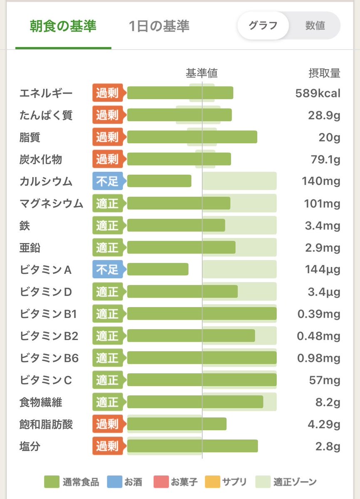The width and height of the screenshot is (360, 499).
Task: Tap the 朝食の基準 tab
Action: point(63,26)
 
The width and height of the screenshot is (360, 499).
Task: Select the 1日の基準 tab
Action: point(159,26)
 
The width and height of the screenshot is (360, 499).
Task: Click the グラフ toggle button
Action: point(263,25)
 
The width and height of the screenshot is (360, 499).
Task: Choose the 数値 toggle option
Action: point(315,25)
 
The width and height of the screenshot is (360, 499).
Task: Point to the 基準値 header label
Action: point(201,73)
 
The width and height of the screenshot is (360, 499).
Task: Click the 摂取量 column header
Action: point(324,73)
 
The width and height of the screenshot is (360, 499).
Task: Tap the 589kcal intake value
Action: point(318,93)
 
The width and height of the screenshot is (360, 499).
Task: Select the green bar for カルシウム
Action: point(159,181)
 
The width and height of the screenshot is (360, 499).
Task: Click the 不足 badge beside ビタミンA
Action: point(107,270)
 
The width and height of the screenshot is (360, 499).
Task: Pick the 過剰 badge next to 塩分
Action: point(107,447)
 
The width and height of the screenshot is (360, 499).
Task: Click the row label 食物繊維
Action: point(41,402)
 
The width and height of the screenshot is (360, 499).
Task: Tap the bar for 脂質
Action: point(192,137)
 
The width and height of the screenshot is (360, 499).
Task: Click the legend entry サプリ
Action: point(227,482)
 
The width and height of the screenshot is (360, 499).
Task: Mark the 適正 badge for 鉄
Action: point(107,226)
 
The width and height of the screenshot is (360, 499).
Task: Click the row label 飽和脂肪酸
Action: point(46,425)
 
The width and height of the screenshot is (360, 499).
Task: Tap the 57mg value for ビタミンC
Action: point(327,380)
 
